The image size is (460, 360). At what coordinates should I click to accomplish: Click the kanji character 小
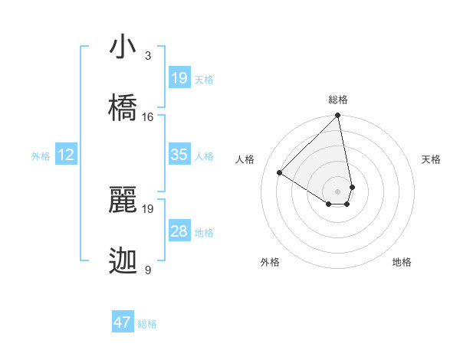[123, 47]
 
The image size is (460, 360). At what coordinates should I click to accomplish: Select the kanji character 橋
[123, 107]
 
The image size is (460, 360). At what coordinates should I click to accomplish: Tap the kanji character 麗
[123, 199]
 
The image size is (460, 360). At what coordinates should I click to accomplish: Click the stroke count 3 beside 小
[148, 56]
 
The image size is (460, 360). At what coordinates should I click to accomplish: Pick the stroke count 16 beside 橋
[148, 117]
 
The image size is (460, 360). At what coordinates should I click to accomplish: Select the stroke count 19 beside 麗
[148, 208]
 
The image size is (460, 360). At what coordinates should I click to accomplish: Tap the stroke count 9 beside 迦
[148, 270]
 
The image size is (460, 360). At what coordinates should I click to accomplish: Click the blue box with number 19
[179, 78]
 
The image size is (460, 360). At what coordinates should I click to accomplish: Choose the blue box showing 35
[179, 155]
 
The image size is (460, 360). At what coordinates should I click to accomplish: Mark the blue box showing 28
[179, 231]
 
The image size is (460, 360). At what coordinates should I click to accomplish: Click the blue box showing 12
[66, 155]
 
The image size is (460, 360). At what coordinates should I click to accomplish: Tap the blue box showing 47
[123, 322]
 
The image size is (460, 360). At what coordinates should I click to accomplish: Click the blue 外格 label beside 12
[41, 156]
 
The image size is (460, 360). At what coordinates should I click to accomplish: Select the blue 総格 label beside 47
[147, 324]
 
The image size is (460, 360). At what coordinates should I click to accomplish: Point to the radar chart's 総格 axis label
[338, 100]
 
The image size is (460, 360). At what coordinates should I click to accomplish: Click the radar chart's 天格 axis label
[431, 159]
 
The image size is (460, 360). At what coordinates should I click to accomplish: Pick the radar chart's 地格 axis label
[402, 262]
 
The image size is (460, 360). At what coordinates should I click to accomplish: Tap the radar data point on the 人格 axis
[280, 173]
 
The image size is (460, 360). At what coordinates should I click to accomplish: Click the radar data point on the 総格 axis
[337, 116]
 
